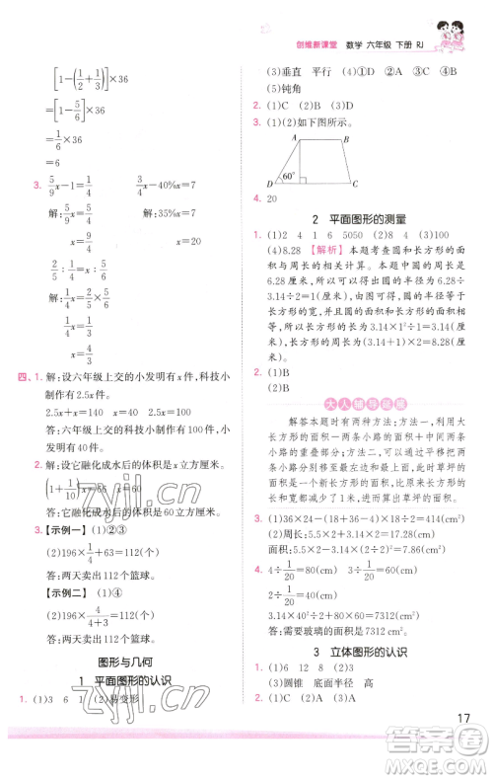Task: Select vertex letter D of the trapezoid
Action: [x=270, y=185]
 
